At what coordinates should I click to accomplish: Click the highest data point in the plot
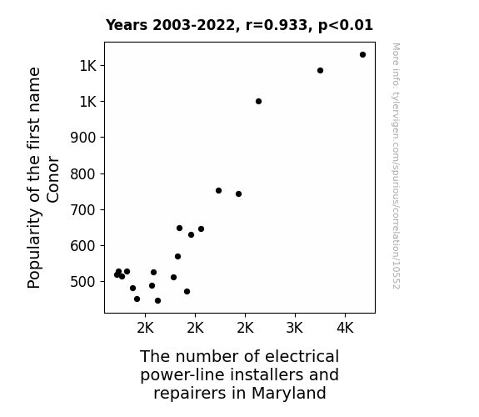(362, 55)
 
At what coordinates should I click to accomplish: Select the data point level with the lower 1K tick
(258, 101)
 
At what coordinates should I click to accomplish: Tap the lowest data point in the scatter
(157, 301)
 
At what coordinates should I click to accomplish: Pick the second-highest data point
(320, 70)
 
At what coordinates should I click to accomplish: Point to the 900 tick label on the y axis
(83, 138)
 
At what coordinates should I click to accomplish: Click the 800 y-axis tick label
(83, 173)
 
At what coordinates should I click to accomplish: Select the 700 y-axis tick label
(83, 210)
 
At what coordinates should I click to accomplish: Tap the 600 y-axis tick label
(83, 246)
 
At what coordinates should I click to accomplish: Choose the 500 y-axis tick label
(83, 281)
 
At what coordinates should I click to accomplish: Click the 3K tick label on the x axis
(295, 328)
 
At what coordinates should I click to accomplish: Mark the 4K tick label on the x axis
(345, 328)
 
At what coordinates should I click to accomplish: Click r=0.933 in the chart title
(277, 25)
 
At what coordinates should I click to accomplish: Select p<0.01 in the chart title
(346, 26)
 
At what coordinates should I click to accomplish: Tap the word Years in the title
(127, 25)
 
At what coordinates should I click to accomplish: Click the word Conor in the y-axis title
(52, 179)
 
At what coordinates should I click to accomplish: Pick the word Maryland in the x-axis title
(289, 393)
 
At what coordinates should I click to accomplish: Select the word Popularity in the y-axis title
(33, 249)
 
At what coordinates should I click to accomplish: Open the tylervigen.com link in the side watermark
(396, 166)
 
